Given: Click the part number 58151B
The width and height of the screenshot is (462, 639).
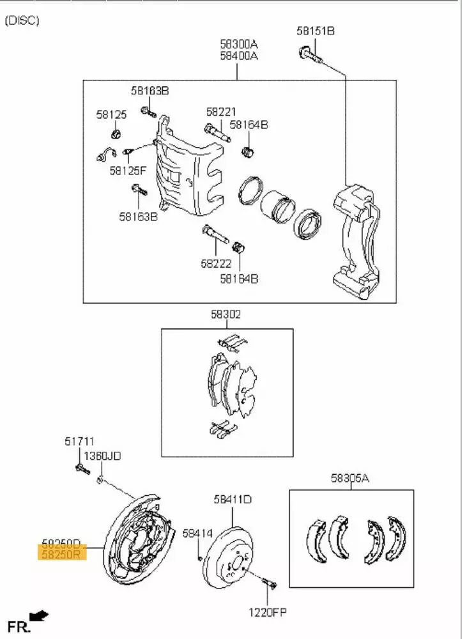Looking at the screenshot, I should point(316,30).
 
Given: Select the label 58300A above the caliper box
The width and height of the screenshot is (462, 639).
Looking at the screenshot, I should point(239,44).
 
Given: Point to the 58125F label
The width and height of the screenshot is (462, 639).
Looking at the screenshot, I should point(128,171).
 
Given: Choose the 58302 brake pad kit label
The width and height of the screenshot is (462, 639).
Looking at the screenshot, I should point(226,314).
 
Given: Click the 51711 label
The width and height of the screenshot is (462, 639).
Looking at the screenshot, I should point(79,441).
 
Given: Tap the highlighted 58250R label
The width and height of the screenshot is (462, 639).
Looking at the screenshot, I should point(61,555).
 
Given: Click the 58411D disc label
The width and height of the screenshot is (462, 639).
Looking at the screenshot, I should point(233,499).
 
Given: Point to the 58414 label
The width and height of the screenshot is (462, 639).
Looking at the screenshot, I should point(197,532).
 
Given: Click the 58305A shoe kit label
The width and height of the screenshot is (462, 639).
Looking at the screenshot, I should point(350,477).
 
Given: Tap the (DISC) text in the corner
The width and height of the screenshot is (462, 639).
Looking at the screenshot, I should point(22,20).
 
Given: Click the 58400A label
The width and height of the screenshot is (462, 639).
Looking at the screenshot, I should point(239,56).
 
